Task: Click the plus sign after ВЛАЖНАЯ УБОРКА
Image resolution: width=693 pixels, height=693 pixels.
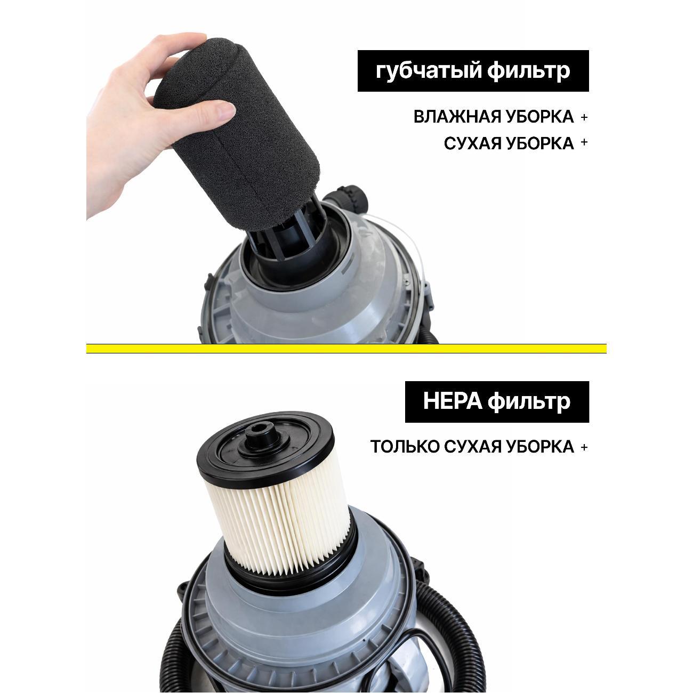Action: pos(584,117)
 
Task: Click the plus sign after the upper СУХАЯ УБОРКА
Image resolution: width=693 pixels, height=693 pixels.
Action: pos(584,142)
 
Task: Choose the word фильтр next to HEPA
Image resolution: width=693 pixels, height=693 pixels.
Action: pos(529,402)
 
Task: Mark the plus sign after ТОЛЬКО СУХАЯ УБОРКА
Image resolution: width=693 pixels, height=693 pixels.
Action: pos(584,447)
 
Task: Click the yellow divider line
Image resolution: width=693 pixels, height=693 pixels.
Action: pos(346,349)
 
